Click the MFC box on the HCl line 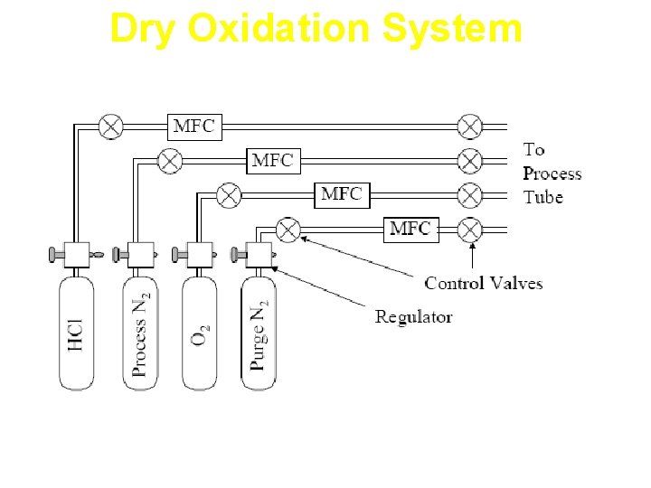193,127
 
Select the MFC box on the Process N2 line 272,161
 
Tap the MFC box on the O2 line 342,194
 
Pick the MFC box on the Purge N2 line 410,229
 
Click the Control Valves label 484,284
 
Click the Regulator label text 413,316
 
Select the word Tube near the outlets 542,197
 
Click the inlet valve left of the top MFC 111,127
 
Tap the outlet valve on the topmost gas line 469,127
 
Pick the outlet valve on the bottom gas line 469,230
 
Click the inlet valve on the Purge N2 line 288,230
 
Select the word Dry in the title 137,28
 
